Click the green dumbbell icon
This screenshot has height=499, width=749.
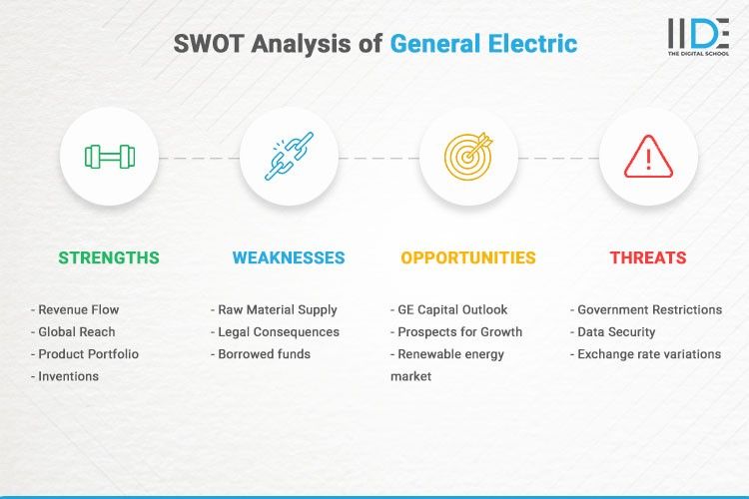pos(109,157)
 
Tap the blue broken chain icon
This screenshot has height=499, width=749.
pos(289,157)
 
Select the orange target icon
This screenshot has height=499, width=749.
pos(468,157)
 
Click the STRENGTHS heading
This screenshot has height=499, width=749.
pos(109,257)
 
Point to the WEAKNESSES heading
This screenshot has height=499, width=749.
pos(289,257)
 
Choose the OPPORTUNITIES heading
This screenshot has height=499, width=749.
pos(468,257)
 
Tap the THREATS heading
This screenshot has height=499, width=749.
pos(648,257)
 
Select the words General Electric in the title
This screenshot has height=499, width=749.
pos(483,44)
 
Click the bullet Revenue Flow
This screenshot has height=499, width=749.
pos(80,309)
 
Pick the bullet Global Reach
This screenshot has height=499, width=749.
pos(76,331)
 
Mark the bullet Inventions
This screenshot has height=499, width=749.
pos(68,376)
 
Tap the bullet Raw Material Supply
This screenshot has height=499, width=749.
pos(277,309)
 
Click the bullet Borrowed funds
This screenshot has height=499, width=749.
pos(264,354)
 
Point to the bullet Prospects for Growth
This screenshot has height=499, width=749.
pos(458,331)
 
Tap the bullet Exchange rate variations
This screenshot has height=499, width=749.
pos(648,354)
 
